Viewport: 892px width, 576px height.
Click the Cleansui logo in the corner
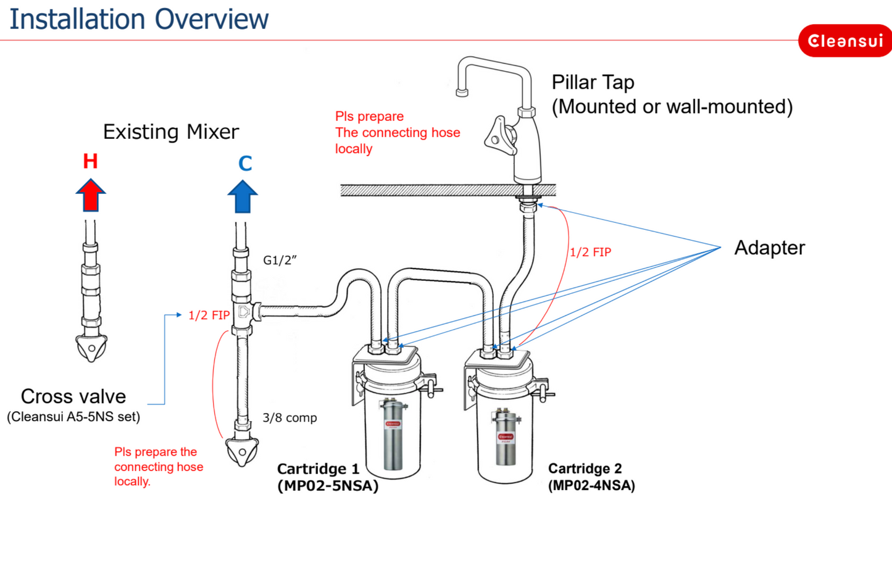[x=844, y=41]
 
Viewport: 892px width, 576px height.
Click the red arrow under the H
[x=91, y=195]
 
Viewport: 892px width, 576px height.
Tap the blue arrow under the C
[x=243, y=197]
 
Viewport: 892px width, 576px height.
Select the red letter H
[x=91, y=162]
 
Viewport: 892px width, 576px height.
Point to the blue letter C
[x=245, y=164]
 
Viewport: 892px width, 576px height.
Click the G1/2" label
[x=280, y=260]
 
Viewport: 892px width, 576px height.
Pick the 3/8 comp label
[x=290, y=418]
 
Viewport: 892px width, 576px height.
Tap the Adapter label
[x=769, y=248]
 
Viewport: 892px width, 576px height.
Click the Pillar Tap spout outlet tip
[x=462, y=93]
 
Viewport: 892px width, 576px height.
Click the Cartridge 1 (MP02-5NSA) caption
[x=327, y=477]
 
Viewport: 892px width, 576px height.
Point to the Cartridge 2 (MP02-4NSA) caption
[x=591, y=477]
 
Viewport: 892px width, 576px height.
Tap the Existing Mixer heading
[x=170, y=131]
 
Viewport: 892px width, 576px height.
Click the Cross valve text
[x=73, y=396]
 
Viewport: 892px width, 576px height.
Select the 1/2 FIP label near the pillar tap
[x=590, y=252]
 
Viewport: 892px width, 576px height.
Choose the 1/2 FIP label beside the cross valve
[x=209, y=315]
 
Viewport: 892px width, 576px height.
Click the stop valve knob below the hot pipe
[x=92, y=348]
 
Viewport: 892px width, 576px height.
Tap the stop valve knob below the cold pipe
[x=242, y=452]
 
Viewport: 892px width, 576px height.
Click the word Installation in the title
[x=77, y=19]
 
